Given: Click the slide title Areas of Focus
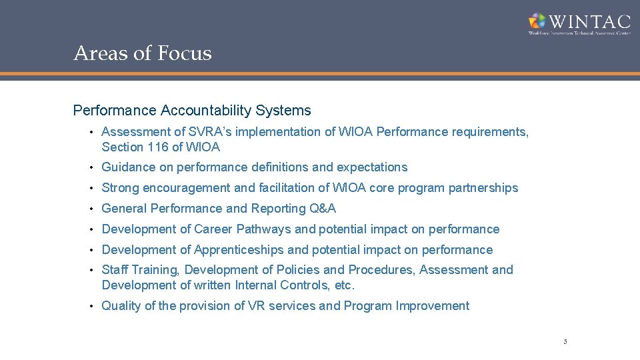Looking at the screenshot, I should point(143,53).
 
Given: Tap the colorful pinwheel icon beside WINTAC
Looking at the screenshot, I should point(537,21).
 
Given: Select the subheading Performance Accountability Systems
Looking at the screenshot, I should point(192,110).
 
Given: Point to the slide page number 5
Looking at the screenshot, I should point(565,342).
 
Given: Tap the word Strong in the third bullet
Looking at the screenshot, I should point(120,188).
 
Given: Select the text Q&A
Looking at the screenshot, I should point(323,209).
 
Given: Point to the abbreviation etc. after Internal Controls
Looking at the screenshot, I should point(345,285).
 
